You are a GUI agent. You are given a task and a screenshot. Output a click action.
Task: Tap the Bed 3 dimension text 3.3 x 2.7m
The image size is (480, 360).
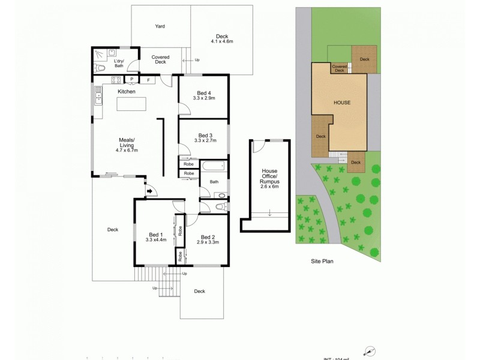click(205, 140)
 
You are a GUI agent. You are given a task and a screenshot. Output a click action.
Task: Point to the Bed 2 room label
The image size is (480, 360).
click(208, 236)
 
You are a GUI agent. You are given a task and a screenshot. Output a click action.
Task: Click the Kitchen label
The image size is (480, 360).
click(126, 91)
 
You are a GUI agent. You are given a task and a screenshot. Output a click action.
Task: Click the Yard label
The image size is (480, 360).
click(160, 26)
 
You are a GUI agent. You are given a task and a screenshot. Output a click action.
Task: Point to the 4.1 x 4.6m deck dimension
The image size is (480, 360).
click(222, 41)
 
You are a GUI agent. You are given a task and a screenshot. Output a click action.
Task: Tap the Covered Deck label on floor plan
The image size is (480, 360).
click(160, 59)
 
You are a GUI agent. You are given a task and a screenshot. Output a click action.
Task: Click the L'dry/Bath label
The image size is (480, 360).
click(118, 62)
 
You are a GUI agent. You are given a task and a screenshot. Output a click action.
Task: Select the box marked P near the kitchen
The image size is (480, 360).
click(131, 79)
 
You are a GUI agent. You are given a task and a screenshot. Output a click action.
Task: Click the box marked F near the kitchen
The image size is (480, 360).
click(148, 79)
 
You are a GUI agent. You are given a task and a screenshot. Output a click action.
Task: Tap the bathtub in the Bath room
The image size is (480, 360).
click(213, 165)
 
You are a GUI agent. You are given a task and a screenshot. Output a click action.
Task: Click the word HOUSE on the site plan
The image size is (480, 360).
click(341, 103)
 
